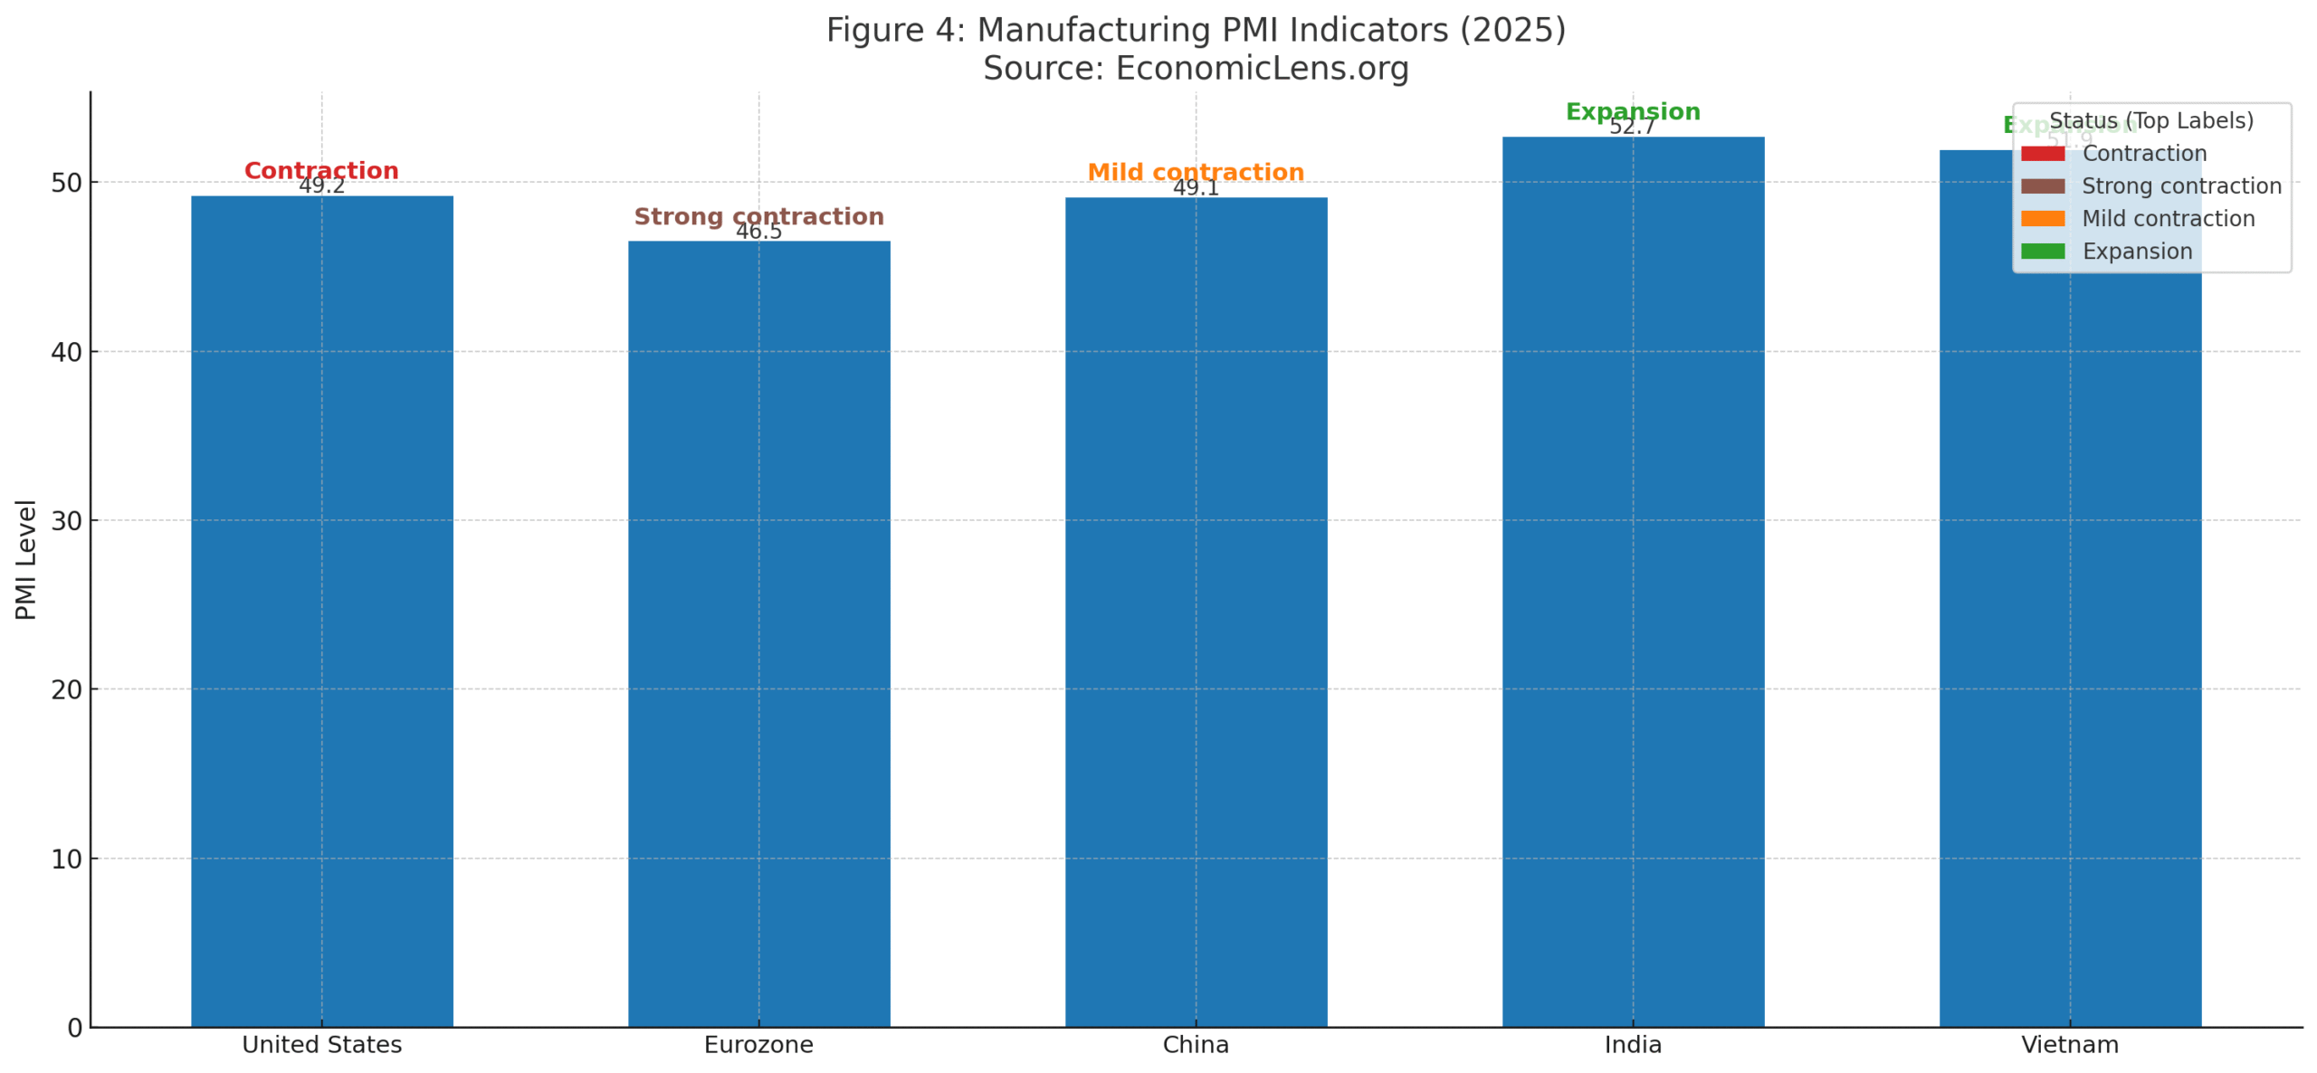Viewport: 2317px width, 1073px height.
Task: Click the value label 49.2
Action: tap(321, 185)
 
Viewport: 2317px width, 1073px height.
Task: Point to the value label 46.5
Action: tap(758, 231)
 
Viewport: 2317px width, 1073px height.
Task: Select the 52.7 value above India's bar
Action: tap(1632, 127)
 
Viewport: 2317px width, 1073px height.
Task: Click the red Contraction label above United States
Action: tap(321, 170)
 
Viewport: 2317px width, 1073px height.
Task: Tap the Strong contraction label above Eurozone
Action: tap(758, 216)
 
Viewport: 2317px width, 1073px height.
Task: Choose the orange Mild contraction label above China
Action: tap(1195, 172)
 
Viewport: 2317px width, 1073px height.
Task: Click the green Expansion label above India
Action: tap(1632, 111)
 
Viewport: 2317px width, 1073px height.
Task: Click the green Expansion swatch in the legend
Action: tap(2042, 251)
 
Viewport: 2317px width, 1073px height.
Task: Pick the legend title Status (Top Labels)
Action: tap(2150, 120)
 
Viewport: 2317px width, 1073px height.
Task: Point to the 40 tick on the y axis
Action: tap(66, 351)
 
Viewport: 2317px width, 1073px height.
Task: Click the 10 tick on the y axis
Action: tap(66, 858)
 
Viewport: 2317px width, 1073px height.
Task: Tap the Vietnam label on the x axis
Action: tap(2069, 1044)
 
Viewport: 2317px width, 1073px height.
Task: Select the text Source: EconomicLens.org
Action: tap(1195, 68)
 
